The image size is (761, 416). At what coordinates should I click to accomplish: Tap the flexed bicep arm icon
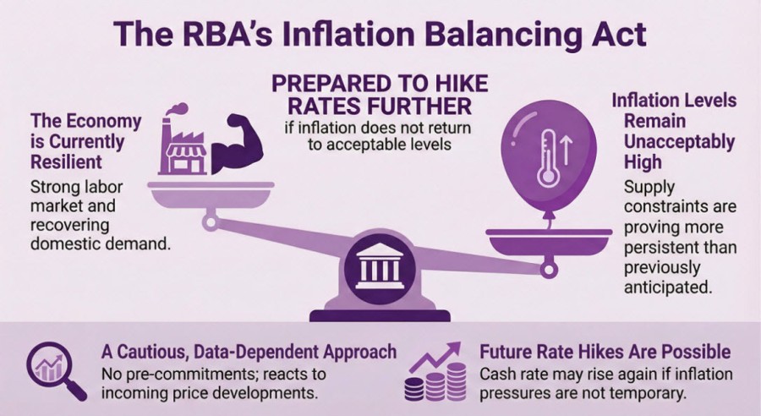(240, 148)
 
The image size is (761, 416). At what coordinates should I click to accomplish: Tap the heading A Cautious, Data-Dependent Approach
(249, 352)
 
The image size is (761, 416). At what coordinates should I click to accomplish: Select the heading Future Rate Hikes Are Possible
(605, 352)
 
